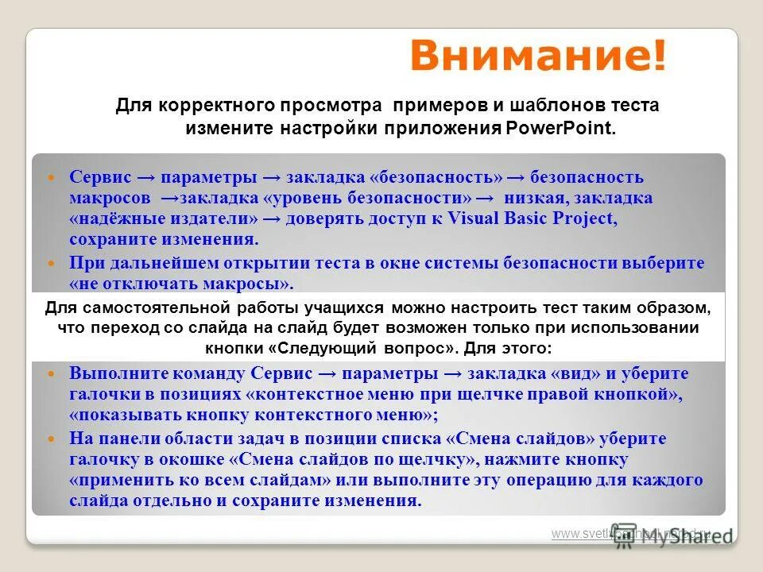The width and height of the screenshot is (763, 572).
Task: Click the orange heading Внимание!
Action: pos(538,57)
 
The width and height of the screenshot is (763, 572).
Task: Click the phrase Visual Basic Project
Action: pos(533,218)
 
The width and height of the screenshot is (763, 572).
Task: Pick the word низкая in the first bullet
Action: pos(540,198)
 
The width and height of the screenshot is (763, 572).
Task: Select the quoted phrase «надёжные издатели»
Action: pos(164,218)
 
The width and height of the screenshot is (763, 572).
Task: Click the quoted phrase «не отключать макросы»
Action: pos(182,284)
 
